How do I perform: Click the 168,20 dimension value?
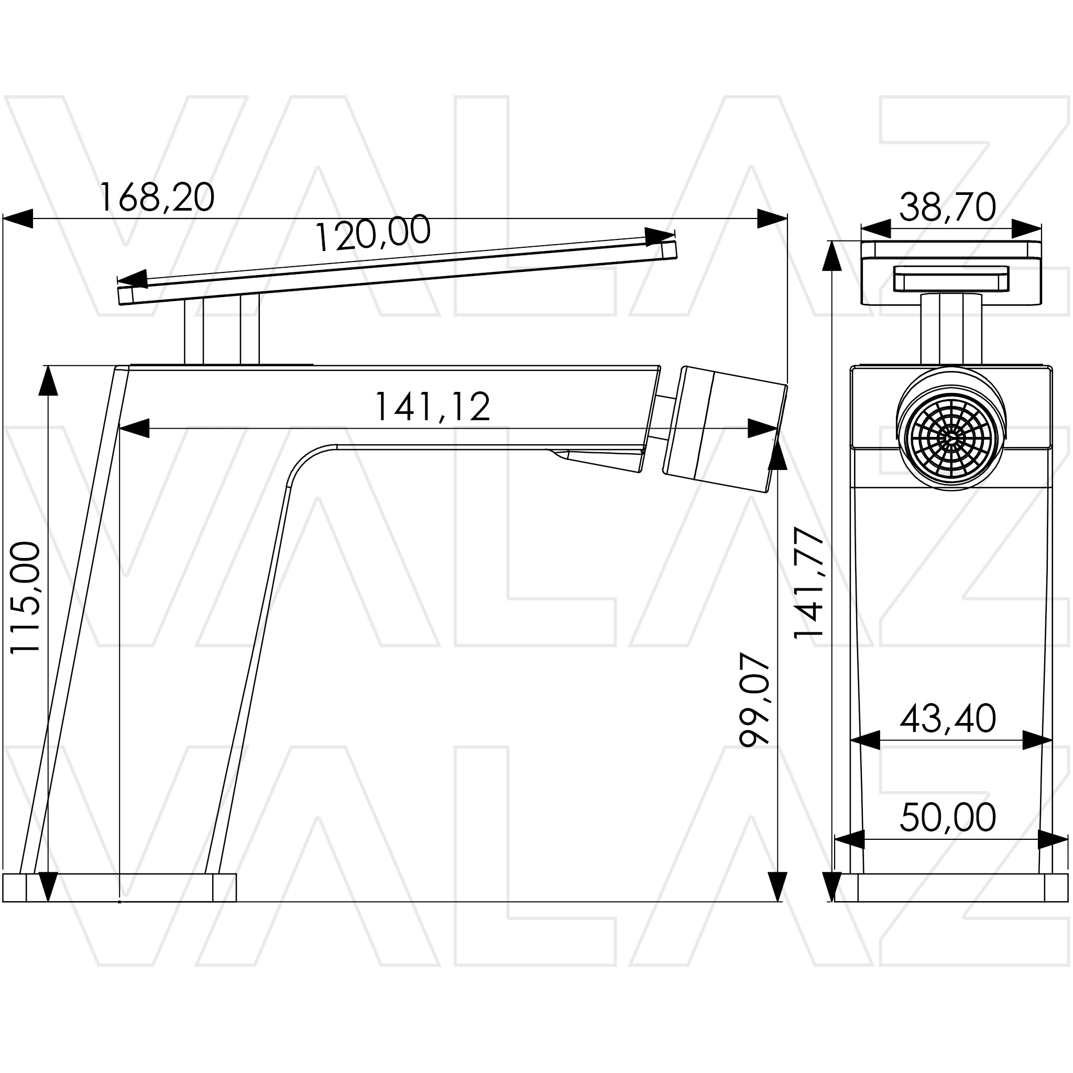(x=156, y=197)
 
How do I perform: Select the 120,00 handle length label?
(x=373, y=232)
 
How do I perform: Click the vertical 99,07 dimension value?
(x=754, y=700)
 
